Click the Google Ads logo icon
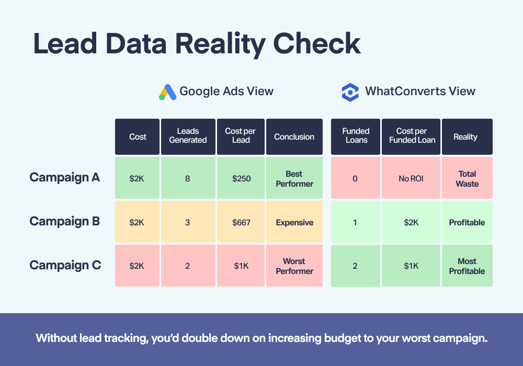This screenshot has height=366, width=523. (x=167, y=92)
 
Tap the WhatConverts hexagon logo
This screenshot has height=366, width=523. (x=350, y=93)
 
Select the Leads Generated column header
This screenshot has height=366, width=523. (x=188, y=136)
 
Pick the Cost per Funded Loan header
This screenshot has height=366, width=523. (x=411, y=136)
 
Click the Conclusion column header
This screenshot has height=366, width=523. (x=294, y=136)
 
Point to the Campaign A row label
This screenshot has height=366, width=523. (x=65, y=177)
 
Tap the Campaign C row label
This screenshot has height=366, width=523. (x=65, y=265)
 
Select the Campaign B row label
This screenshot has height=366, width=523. (x=65, y=221)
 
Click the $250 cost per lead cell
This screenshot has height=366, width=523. (x=241, y=178)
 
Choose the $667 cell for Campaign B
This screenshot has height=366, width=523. (x=241, y=222)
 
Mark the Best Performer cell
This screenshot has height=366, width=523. (x=294, y=178)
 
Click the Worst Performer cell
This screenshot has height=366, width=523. (x=294, y=266)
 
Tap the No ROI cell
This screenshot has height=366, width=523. (x=411, y=178)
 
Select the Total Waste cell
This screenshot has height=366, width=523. (x=467, y=178)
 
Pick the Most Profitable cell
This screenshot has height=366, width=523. (x=467, y=266)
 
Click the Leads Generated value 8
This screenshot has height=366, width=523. (x=188, y=178)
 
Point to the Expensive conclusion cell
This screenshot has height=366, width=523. (x=294, y=222)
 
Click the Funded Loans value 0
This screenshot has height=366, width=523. (x=356, y=178)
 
